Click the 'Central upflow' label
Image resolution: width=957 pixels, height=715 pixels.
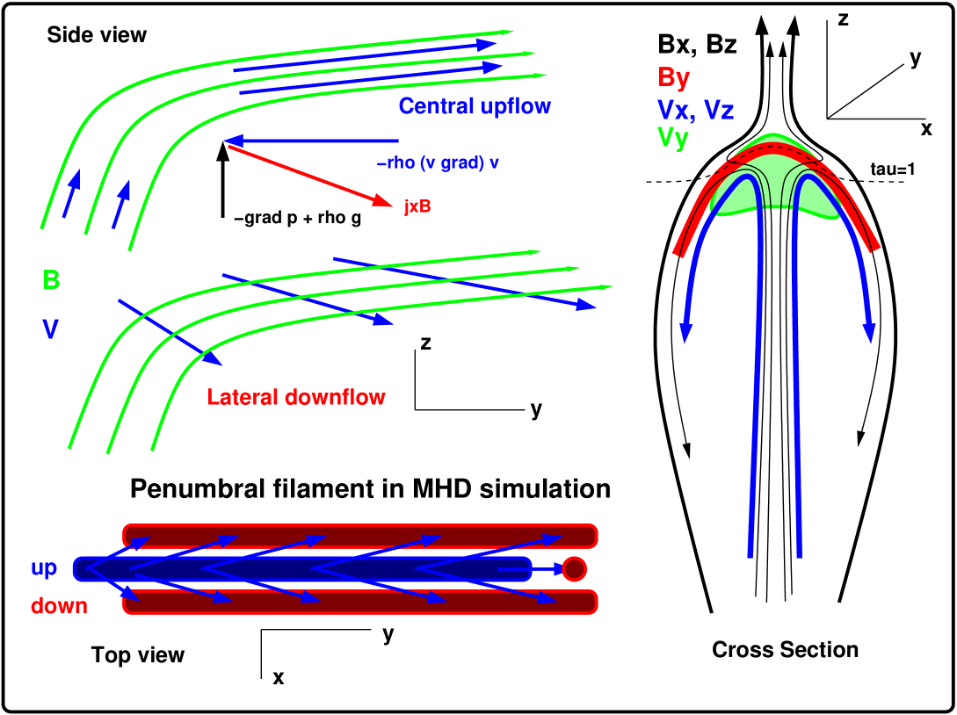point(475,106)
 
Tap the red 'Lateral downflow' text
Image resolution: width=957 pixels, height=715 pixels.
point(296,397)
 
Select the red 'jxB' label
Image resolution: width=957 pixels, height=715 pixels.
point(417,207)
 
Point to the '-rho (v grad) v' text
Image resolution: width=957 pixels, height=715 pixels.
point(438,163)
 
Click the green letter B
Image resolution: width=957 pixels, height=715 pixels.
point(51,280)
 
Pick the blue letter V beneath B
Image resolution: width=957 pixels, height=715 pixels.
point(51,329)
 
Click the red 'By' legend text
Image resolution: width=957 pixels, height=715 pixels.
point(673,78)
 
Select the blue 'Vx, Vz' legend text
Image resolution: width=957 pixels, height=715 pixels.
point(695,110)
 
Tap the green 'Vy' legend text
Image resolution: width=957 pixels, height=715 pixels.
point(672,138)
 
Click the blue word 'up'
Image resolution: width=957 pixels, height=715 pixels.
point(44,568)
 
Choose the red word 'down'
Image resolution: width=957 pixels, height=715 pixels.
point(59,606)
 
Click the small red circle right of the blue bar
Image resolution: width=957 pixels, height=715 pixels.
point(574,569)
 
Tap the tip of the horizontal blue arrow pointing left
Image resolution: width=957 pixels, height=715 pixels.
point(226,141)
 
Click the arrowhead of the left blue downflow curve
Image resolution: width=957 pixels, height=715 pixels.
point(686,335)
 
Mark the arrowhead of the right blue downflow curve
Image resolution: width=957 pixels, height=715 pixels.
point(869,335)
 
